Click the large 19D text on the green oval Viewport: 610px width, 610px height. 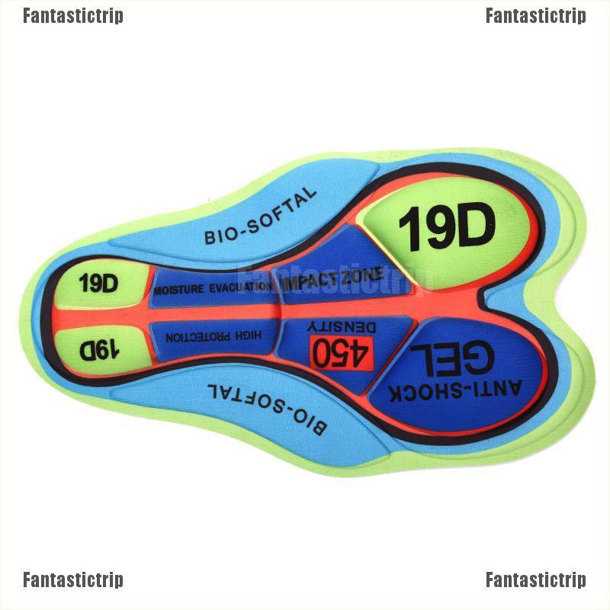[x=447, y=226]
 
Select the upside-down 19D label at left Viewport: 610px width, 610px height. [x=100, y=348]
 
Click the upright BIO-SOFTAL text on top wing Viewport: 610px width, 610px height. [x=259, y=216]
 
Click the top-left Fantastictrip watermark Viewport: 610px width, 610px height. [x=72, y=16]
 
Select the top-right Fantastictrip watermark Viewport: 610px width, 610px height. [x=535, y=16]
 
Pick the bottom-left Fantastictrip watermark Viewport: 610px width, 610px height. [x=72, y=580]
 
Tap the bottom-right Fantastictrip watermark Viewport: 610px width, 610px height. [x=535, y=580]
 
